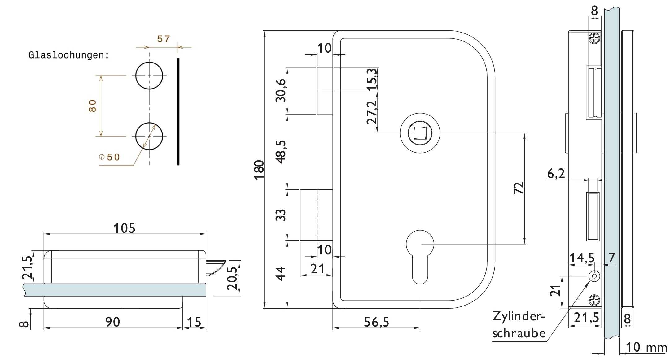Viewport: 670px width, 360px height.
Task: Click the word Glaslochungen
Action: pyautogui.click(x=68, y=55)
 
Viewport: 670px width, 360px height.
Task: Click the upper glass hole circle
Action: pyautogui.click(x=149, y=62)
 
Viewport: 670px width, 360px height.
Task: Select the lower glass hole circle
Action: pyautogui.click(x=149, y=123)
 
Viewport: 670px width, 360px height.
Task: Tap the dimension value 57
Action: pyautogui.click(x=164, y=39)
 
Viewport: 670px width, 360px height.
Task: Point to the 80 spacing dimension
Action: pyautogui.click(x=93, y=106)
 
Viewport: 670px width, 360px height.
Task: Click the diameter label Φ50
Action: pyautogui.click(x=109, y=157)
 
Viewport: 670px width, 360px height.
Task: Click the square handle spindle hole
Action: pyautogui.click(x=420, y=133)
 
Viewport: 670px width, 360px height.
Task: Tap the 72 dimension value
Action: pyautogui.click(x=519, y=188)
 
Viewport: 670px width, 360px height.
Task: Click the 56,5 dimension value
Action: pyautogui.click(x=376, y=322)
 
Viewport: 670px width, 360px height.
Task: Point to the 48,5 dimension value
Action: pyautogui.click(x=281, y=152)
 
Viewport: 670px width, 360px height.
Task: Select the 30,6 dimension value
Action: pyautogui.click(x=281, y=90)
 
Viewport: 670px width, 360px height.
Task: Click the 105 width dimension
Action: pyautogui.click(x=125, y=228)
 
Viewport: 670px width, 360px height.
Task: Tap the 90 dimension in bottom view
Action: pyautogui.click(x=113, y=322)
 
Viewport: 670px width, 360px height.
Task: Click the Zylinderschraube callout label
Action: pyautogui.click(x=519, y=325)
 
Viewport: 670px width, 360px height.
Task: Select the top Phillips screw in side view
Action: pyautogui.click(x=594, y=39)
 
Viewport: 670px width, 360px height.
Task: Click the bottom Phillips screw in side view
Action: pyautogui.click(x=594, y=300)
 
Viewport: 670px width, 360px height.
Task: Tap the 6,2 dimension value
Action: pyautogui.click(x=556, y=174)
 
